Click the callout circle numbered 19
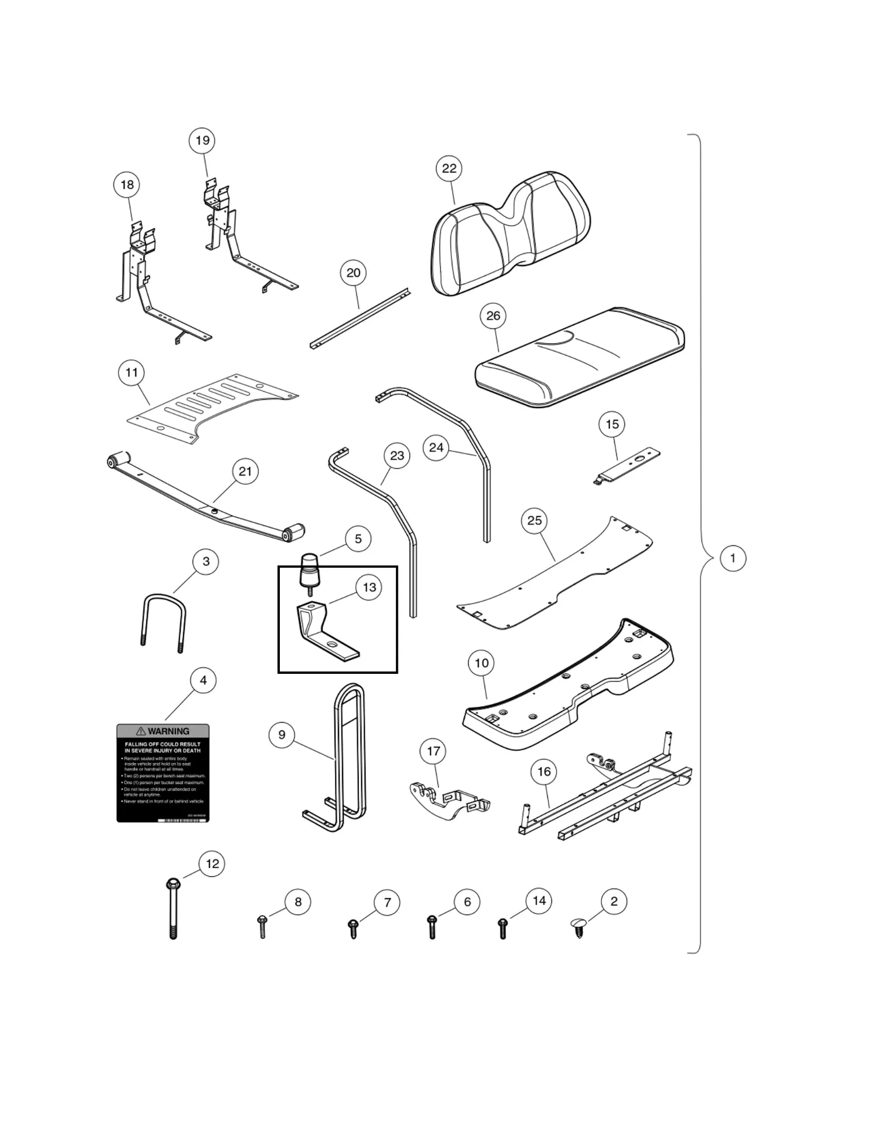point(202,141)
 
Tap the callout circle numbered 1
point(732,558)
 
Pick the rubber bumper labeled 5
point(310,570)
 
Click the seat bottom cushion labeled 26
point(578,358)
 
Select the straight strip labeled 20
point(359,318)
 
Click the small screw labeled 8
point(262,926)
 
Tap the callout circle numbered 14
point(539,901)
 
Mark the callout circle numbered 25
point(534,521)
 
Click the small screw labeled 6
point(432,927)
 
